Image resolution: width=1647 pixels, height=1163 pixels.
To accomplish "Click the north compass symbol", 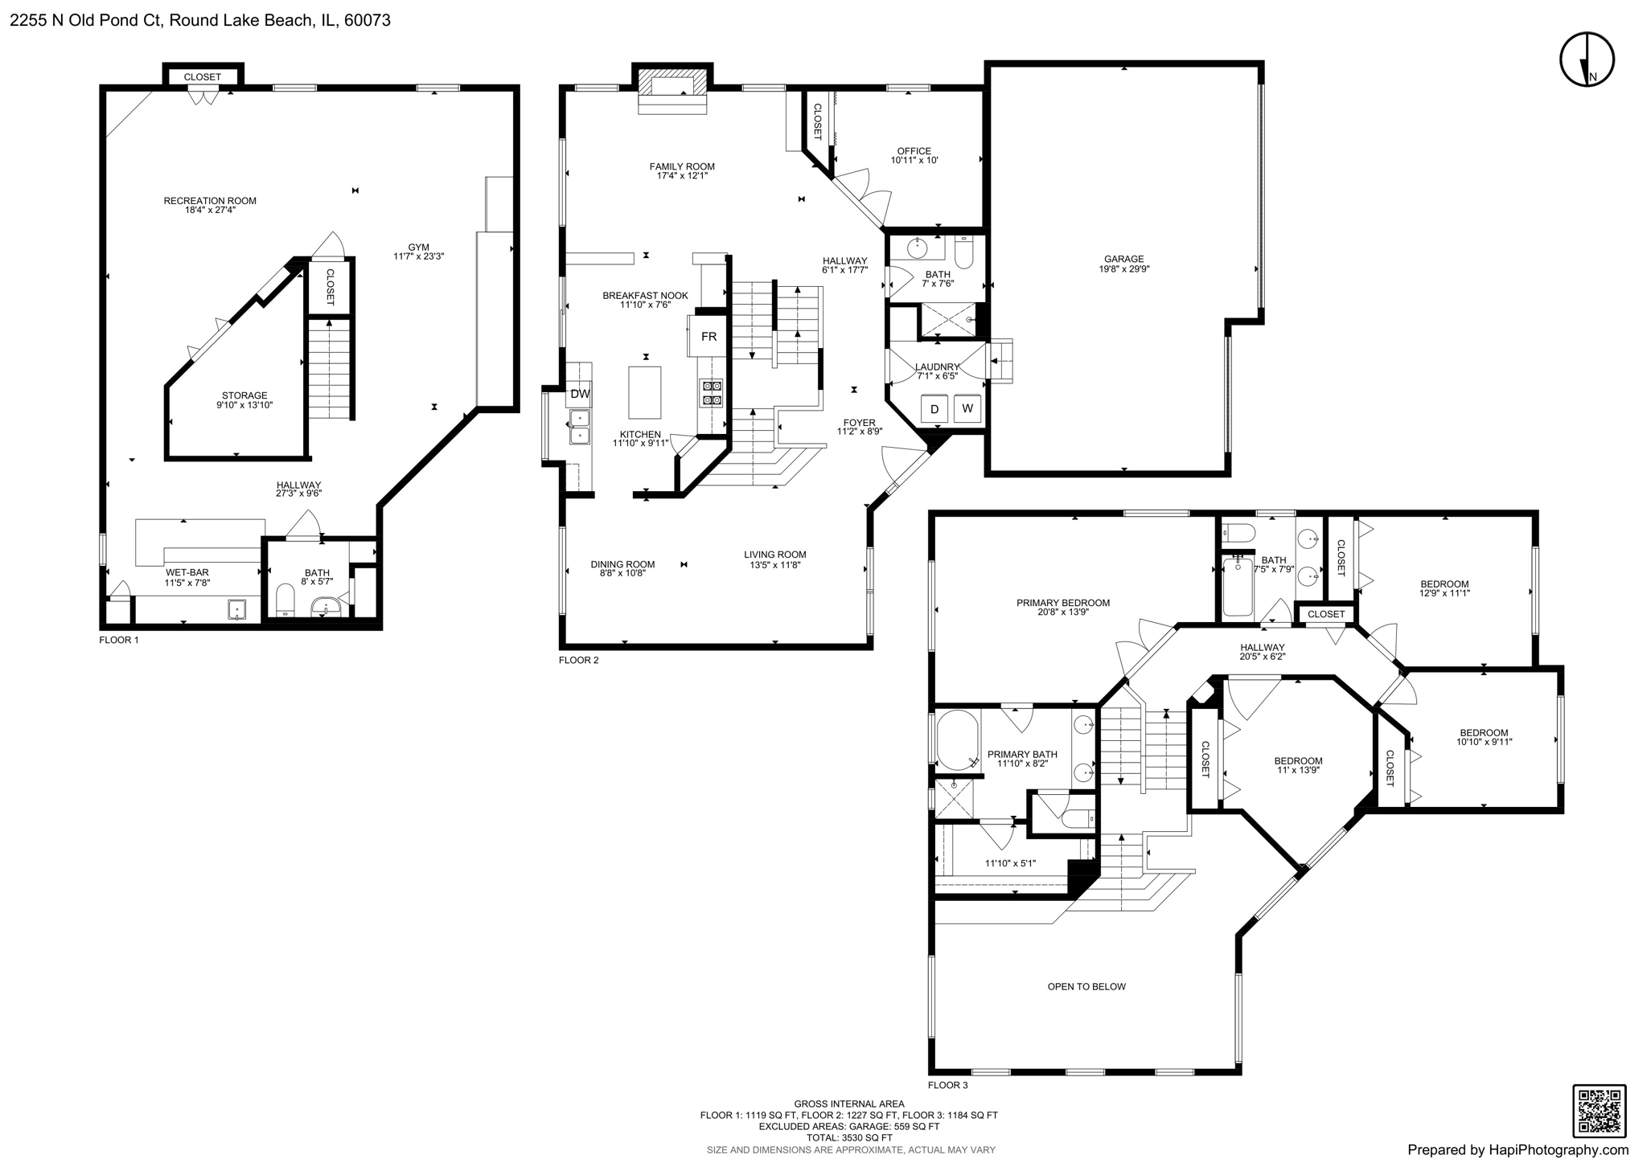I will click(1587, 60).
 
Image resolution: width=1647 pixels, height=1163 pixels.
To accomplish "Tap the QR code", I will click(1599, 1111).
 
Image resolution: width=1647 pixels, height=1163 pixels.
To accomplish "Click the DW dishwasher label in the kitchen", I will click(580, 394).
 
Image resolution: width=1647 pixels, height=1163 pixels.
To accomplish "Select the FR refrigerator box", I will click(708, 337).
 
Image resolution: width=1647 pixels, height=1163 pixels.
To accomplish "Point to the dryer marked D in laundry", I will click(934, 409).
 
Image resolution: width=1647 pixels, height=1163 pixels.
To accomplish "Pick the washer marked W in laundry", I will click(967, 408).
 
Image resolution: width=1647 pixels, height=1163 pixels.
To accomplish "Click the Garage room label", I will click(1123, 260).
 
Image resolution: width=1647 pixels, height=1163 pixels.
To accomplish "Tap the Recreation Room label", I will click(210, 201).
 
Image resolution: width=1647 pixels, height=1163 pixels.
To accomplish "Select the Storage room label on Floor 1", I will click(244, 395).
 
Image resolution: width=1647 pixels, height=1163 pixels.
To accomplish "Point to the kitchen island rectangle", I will click(645, 392).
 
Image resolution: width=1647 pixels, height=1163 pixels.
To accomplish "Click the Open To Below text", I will click(1086, 987).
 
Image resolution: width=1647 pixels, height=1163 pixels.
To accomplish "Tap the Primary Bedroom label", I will click(1062, 603).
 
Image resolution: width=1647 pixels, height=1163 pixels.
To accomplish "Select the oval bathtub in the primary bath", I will click(957, 738).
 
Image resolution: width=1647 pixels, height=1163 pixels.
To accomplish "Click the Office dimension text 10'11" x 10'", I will click(914, 160).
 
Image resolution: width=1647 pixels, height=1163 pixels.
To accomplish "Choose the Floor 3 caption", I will click(947, 1085).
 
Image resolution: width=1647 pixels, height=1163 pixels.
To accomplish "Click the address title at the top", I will click(200, 20).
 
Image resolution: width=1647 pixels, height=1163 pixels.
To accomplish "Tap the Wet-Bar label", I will click(187, 572).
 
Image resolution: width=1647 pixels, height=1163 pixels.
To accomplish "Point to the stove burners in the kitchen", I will click(713, 392).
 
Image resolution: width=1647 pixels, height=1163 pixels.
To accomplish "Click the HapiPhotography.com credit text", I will click(1518, 1150).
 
